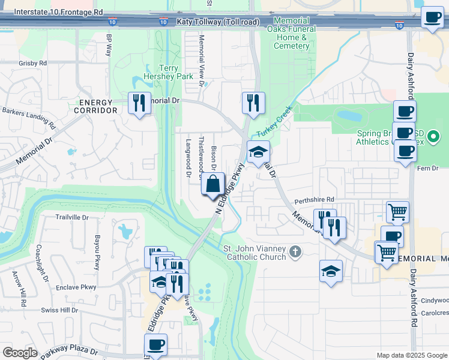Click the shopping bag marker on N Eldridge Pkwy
click(213, 184)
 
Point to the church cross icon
click(295, 251)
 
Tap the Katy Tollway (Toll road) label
click(218, 22)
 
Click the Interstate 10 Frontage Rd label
click(58, 12)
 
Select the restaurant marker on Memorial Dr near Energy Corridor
click(139, 103)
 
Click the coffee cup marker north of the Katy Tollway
click(432, 17)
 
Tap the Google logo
click(20, 353)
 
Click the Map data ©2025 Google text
click(412, 355)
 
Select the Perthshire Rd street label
click(313, 199)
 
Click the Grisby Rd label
click(32, 63)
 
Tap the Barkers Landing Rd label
click(28, 118)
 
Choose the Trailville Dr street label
click(72, 217)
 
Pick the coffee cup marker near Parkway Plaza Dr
click(155, 345)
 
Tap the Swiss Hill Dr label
click(59, 310)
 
